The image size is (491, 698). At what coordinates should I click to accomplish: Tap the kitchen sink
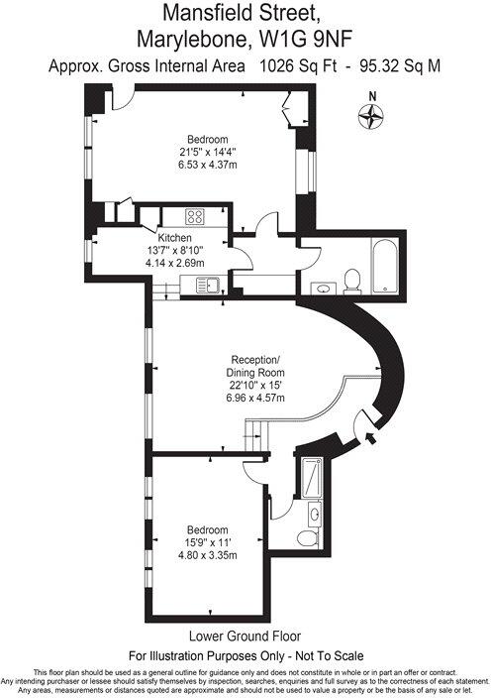[x=208, y=286]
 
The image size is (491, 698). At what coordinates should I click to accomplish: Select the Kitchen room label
[x=174, y=238]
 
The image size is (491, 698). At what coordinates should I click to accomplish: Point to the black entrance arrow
[x=372, y=433]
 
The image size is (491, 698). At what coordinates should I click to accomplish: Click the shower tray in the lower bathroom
[x=313, y=478]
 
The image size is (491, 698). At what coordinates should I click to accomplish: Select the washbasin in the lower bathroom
[x=314, y=513]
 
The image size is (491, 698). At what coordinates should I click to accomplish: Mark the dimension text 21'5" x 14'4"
[x=208, y=152]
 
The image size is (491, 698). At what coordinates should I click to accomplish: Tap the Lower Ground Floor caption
[x=245, y=636]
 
